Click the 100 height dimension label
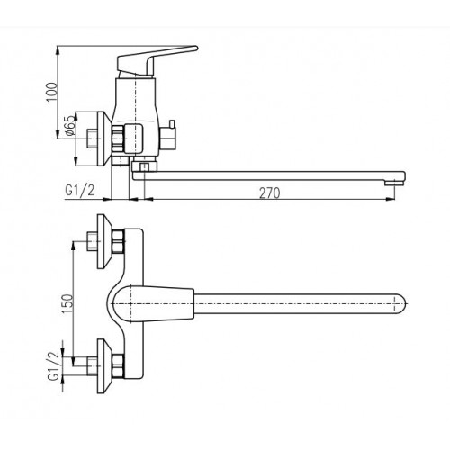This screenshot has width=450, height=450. [x=52, y=92]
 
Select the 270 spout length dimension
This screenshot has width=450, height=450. [x=269, y=193]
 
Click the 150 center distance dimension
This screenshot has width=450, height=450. [x=67, y=304]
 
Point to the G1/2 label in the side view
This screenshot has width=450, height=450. [x=80, y=191]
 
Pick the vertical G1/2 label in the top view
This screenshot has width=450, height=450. [x=54, y=365]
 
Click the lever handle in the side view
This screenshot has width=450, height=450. [x=156, y=61]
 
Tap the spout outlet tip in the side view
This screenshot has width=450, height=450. [x=394, y=182]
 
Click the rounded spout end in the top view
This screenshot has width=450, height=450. [x=399, y=304]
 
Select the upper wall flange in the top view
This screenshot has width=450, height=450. [x=104, y=241]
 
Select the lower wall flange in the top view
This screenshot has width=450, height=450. [x=104, y=366]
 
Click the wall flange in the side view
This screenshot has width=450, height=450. [x=104, y=139]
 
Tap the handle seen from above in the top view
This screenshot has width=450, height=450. [x=154, y=304]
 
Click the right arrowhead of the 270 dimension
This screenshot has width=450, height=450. [x=390, y=199]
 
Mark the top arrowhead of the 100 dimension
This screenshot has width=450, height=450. [x=58, y=50]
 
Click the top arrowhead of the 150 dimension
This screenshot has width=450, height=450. [x=73, y=246]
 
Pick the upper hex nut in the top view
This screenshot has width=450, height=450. [x=118, y=241]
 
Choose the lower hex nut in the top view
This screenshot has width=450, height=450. [x=118, y=366]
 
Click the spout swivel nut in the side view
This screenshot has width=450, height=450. [x=144, y=166]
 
